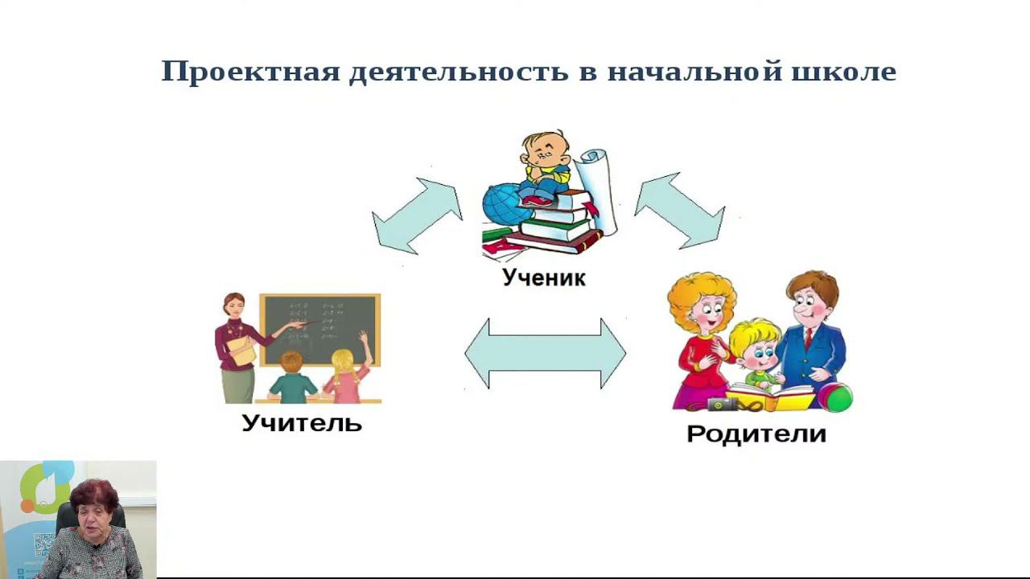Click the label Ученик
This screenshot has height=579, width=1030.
point(544,278)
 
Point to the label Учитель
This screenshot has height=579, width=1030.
point(302,422)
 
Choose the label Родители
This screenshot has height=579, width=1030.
point(756,433)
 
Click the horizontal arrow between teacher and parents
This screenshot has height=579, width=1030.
point(545,354)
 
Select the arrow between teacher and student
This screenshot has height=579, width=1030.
point(417,216)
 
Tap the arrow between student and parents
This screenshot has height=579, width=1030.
point(679,210)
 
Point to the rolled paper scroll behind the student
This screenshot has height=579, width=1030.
point(598,189)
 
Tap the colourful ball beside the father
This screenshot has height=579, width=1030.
point(835,396)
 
